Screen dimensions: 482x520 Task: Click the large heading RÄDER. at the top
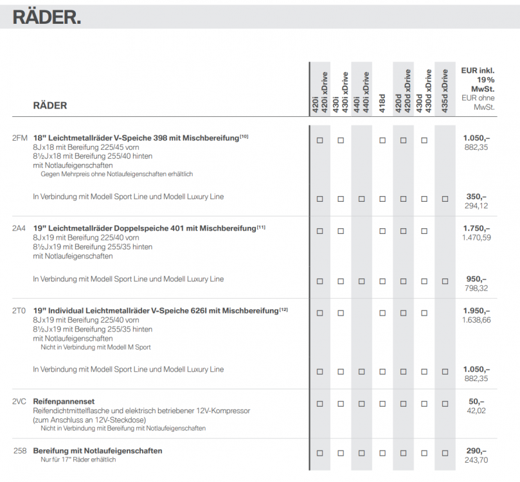pos(47,17)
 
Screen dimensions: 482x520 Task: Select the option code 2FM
pos(19,138)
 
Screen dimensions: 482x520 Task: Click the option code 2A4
pos(19,228)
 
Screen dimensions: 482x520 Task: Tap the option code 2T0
pos(19,310)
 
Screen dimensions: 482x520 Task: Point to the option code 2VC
pos(19,402)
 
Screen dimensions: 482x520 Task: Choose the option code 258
pos(20,451)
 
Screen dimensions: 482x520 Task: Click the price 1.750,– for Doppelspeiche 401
pos(476,228)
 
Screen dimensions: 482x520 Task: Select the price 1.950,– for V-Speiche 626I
pos(476,310)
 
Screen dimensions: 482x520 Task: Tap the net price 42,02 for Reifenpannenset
pos(476,411)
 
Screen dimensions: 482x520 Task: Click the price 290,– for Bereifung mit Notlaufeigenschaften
pos(476,451)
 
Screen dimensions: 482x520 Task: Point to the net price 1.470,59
pos(476,238)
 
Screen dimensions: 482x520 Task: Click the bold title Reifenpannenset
pos(64,402)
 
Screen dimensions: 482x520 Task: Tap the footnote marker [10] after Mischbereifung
pos(244,136)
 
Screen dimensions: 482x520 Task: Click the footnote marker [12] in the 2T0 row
pos(284,309)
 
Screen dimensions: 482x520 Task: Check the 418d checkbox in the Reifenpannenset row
pos(382,404)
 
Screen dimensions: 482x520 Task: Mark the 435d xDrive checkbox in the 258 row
pos(445,453)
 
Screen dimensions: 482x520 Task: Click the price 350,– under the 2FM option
pos(476,197)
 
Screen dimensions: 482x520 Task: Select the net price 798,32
pos(476,289)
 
